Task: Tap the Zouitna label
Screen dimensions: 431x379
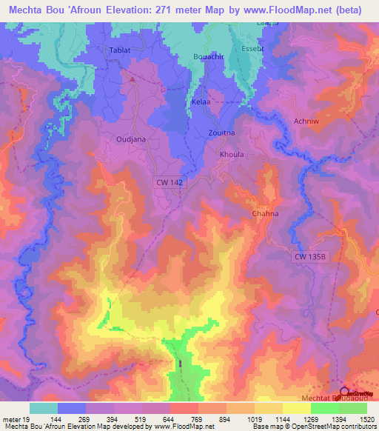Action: point(221,133)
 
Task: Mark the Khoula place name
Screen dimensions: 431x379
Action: point(232,155)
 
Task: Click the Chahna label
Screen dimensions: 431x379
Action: point(264,213)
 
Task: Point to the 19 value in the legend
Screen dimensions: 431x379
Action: point(25,419)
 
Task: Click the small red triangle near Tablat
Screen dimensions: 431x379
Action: point(133,76)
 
